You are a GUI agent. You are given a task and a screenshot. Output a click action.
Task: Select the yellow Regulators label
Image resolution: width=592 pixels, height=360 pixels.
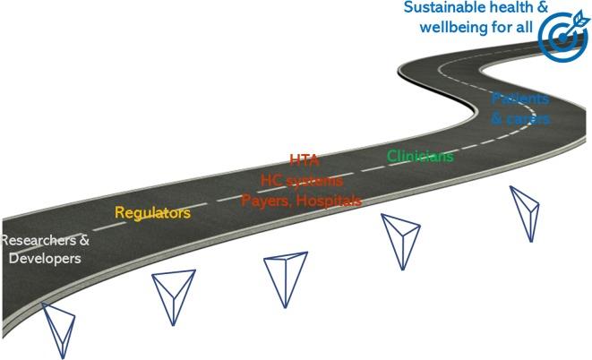pyautogui.click(x=152, y=213)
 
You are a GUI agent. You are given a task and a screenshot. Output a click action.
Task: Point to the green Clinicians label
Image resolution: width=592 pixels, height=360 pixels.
pyautogui.click(x=420, y=156)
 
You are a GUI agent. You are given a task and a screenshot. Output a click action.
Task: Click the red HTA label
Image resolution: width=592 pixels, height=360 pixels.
pyautogui.click(x=304, y=161)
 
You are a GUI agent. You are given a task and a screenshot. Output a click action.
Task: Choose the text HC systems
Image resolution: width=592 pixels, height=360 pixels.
pyautogui.click(x=302, y=180)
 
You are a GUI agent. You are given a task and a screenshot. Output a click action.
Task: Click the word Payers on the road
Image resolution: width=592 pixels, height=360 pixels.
pyautogui.click(x=266, y=200)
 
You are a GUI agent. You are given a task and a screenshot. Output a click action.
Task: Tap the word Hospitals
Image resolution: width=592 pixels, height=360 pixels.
pyautogui.click(x=329, y=200)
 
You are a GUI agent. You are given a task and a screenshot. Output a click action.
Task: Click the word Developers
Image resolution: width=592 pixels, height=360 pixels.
pyautogui.click(x=45, y=259)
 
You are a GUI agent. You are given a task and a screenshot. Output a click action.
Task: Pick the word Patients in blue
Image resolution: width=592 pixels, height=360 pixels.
pyautogui.click(x=519, y=99)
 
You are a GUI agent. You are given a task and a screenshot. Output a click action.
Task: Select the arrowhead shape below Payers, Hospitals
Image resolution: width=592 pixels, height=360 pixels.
pyautogui.click(x=286, y=280)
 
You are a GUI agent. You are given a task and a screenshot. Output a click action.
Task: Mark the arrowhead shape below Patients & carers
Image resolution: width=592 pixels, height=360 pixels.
pyautogui.click(x=525, y=211)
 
